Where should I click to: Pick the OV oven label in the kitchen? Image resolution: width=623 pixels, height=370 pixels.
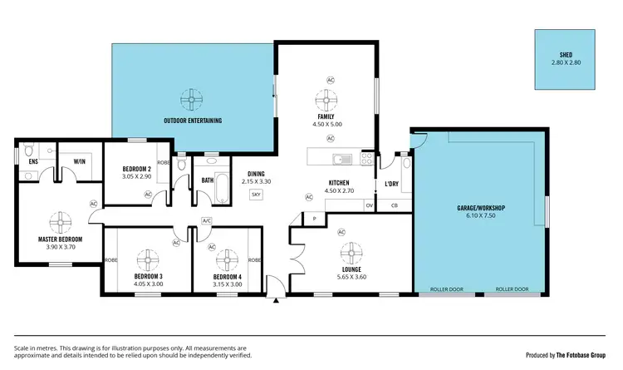[369, 205]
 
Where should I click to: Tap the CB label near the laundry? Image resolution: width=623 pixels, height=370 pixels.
[394, 205]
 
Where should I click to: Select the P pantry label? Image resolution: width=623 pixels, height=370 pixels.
[315, 219]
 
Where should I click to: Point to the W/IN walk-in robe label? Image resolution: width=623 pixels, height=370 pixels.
[81, 161]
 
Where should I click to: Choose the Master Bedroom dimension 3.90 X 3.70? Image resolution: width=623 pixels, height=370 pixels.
[58, 247]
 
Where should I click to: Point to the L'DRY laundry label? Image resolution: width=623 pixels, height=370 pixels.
[391, 183]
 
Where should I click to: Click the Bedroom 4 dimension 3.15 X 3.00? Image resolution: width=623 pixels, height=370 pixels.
[226, 284]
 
